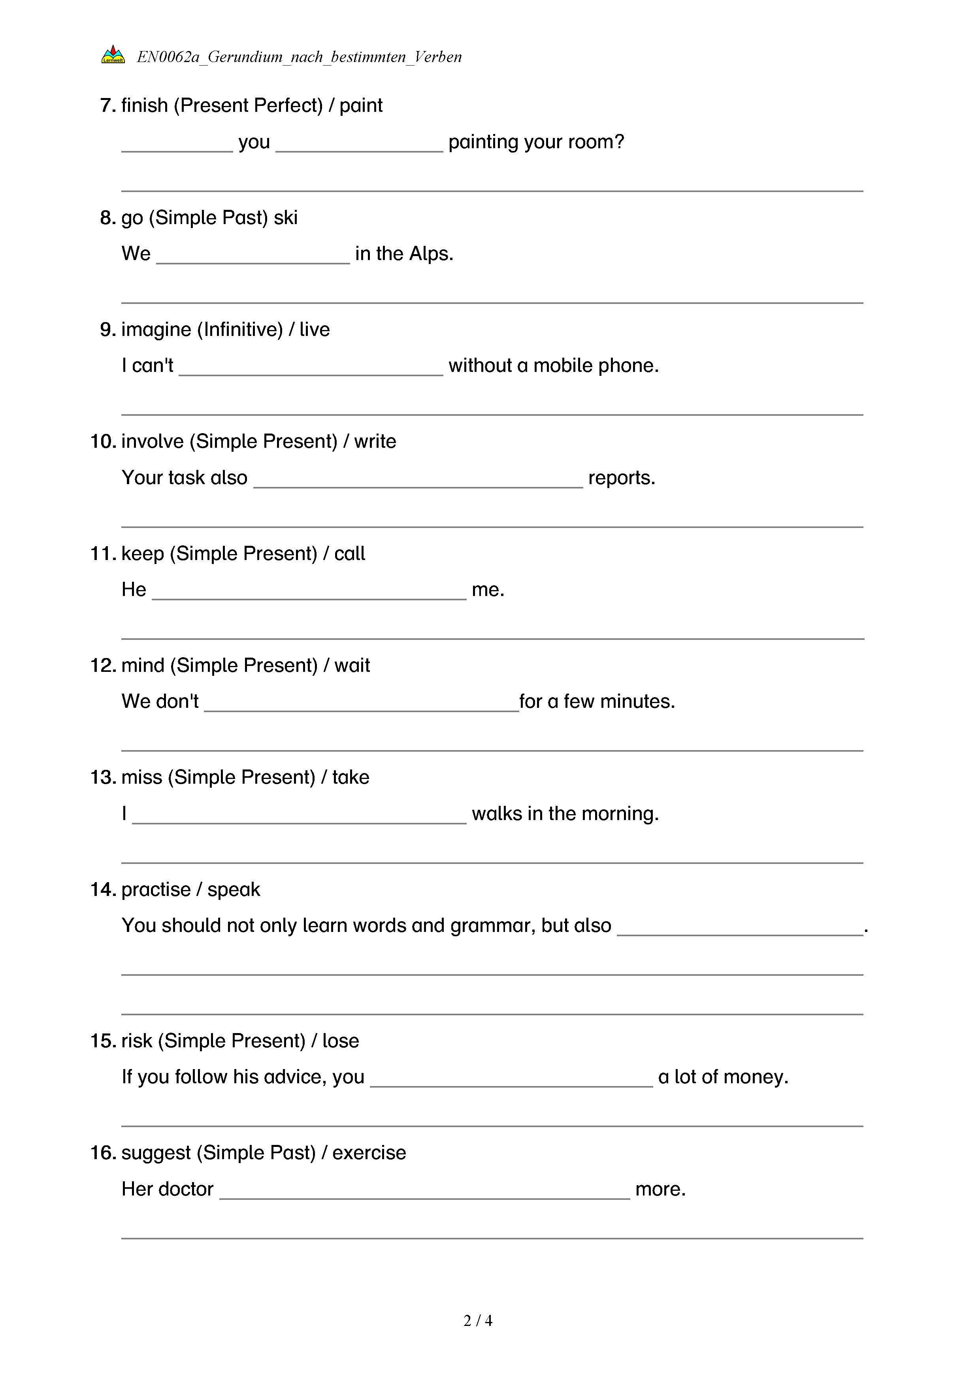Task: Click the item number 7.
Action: pyautogui.click(x=107, y=106)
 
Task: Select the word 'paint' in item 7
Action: pyautogui.click(x=361, y=106)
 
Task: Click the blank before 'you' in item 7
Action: pyautogui.click(x=177, y=145)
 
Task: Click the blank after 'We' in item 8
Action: pyautogui.click(x=253, y=256)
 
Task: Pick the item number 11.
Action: pyautogui.click(x=103, y=554)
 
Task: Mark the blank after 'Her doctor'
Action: pyautogui.click(x=424, y=1192)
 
